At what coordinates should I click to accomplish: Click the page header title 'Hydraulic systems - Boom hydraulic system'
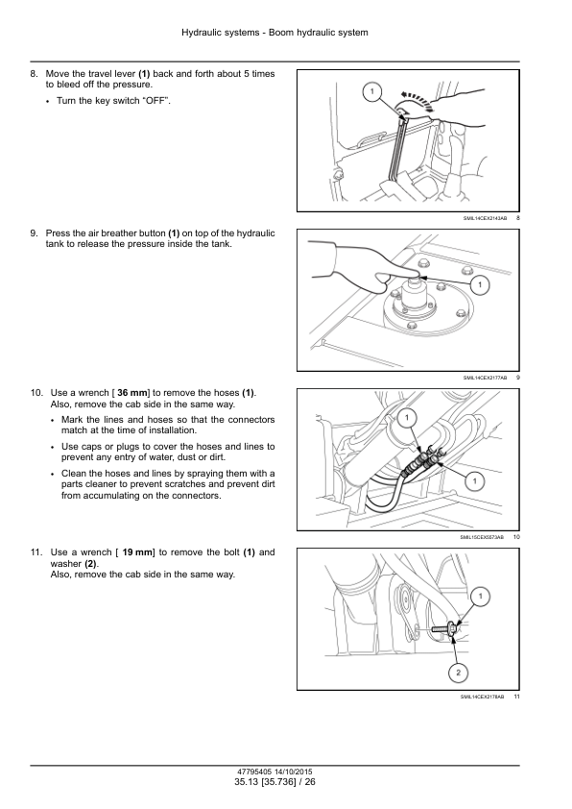(x=274, y=33)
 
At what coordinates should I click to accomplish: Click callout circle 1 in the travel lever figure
(x=372, y=92)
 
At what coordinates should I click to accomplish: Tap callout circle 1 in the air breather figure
(x=480, y=284)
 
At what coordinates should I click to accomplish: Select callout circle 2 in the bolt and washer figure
(x=458, y=673)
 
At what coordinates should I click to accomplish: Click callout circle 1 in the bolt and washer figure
(x=480, y=597)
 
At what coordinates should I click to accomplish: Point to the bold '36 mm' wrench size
(x=132, y=393)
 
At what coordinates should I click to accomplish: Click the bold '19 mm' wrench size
(x=137, y=552)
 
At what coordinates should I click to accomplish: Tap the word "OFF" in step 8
(x=155, y=101)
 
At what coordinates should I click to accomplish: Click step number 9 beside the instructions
(x=34, y=233)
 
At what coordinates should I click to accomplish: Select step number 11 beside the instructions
(x=36, y=552)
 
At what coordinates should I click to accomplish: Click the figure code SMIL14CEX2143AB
(x=485, y=218)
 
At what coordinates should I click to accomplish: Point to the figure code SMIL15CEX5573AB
(x=482, y=537)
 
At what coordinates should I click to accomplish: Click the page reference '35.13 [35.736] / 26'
(x=274, y=782)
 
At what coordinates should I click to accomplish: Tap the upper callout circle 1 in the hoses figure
(x=407, y=418)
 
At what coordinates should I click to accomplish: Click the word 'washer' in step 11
(x=66, y=564)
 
